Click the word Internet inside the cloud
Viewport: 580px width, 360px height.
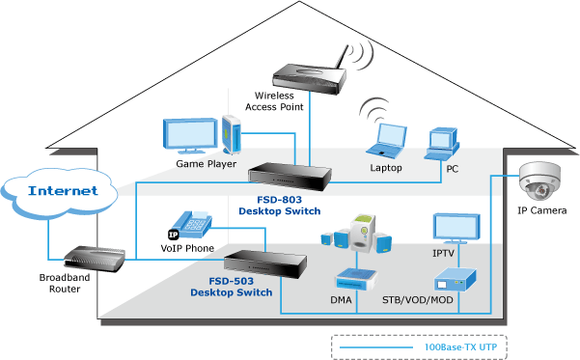point(63,190)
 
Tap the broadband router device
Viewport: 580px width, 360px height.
point(95,259)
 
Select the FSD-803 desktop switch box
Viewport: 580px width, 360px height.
point(290,176)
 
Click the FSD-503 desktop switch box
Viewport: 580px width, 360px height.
point(264,263)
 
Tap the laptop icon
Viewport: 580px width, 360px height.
point(387,141)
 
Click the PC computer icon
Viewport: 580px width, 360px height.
point(442,144)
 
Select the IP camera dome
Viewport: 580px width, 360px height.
point(539,181)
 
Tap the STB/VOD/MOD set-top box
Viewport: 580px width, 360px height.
point(455,280)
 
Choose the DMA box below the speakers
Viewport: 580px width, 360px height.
point(356,280)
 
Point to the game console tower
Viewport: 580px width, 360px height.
point(232,135)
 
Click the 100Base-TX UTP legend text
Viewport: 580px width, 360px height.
point(460,347)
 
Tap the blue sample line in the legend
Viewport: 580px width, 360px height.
point(375,347)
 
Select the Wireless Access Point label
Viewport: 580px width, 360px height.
point(274,101)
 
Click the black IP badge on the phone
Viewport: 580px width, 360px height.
point(173,235)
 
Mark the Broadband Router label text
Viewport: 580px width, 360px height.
point(65,283)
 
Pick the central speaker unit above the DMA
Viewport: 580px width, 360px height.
point(363,234)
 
